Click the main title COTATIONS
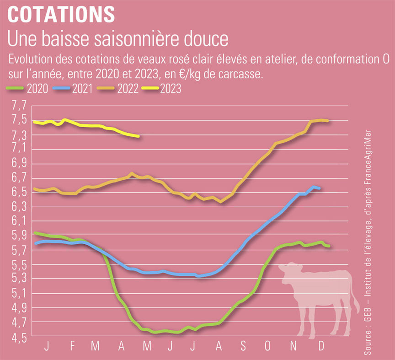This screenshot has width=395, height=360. click(x=61, y=15)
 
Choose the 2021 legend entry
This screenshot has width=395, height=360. click(x=78, y=89)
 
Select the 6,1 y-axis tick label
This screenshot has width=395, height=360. click(x=18, y=222)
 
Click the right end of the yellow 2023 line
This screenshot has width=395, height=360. click(x=138, y=136)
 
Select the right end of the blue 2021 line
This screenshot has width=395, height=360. click(x=319, y=188)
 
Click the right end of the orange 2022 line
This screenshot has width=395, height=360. click(x=327, y=121)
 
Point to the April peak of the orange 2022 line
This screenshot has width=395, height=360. click(x=132, y=173)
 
